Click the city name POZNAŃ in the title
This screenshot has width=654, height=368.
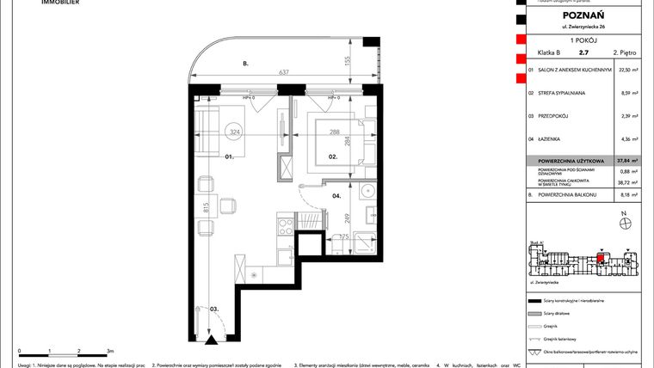click(x=579, y=15)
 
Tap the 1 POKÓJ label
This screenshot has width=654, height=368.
click(x=579, y=41)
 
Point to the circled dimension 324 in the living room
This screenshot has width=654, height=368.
click(x=232, y=132)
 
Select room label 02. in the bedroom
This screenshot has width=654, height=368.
click(x=331, y=157)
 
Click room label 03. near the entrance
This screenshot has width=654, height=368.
click(x=213, y=308)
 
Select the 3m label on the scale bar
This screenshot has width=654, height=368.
click(x=108, y=352)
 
